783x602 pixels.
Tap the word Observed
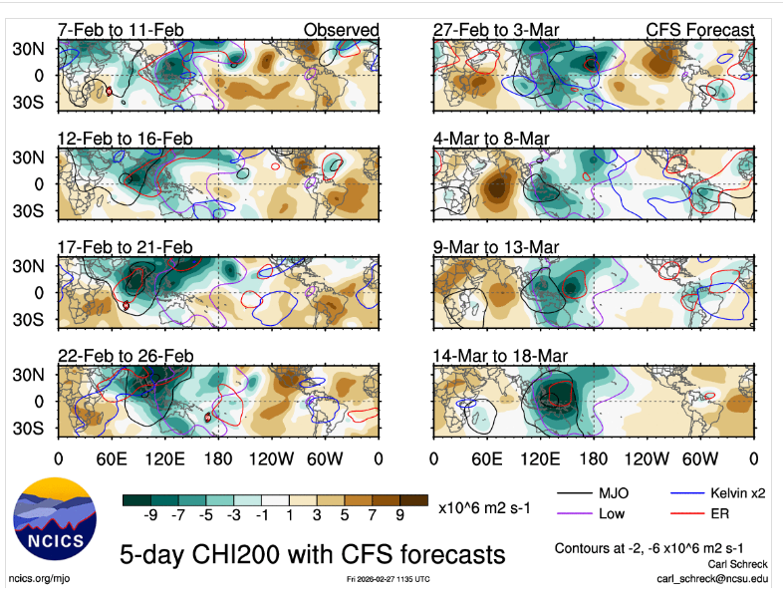[342, 30]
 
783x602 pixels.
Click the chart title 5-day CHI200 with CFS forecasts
[312, 553]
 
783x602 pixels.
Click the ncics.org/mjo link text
[39, 578]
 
